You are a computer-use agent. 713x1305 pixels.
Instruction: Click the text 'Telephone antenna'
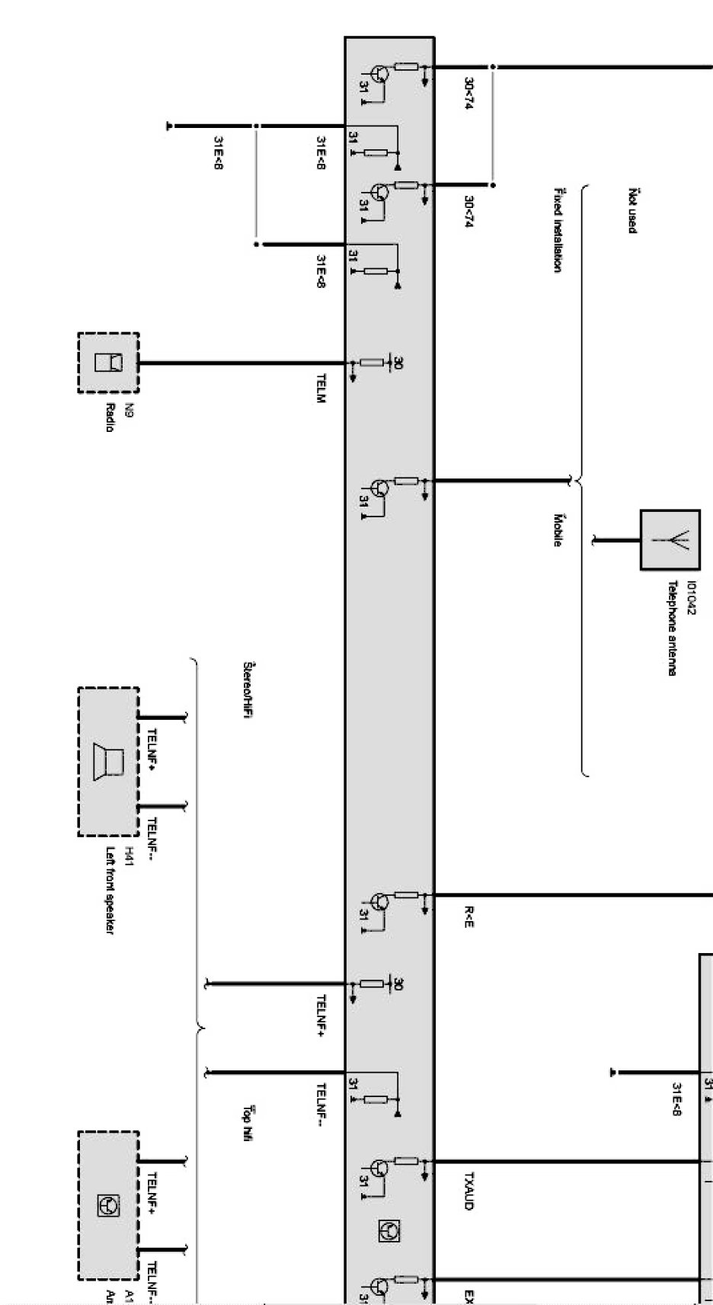pos(672,629)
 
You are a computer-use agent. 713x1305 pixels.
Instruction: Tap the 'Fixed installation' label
pos(558,230)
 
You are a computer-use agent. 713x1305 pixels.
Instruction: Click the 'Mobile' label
pos(558,530)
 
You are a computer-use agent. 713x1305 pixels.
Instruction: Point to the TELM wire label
pos(321,389)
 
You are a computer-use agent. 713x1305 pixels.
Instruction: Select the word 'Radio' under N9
pos(110,417)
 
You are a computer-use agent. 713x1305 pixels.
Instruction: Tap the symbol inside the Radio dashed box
pos(107,362)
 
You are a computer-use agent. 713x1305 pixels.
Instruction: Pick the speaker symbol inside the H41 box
pos(107,762)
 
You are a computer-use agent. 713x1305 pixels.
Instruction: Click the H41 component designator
pos(129,852)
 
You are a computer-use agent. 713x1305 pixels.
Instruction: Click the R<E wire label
pos(468,916)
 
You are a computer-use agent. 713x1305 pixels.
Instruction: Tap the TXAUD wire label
pos(468,1191)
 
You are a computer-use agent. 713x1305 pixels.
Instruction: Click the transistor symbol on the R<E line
pos(379,903)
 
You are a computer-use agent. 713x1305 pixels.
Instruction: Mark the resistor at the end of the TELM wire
pos(372,363)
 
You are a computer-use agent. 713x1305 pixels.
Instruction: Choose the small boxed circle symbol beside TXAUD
pos(390,1231)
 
